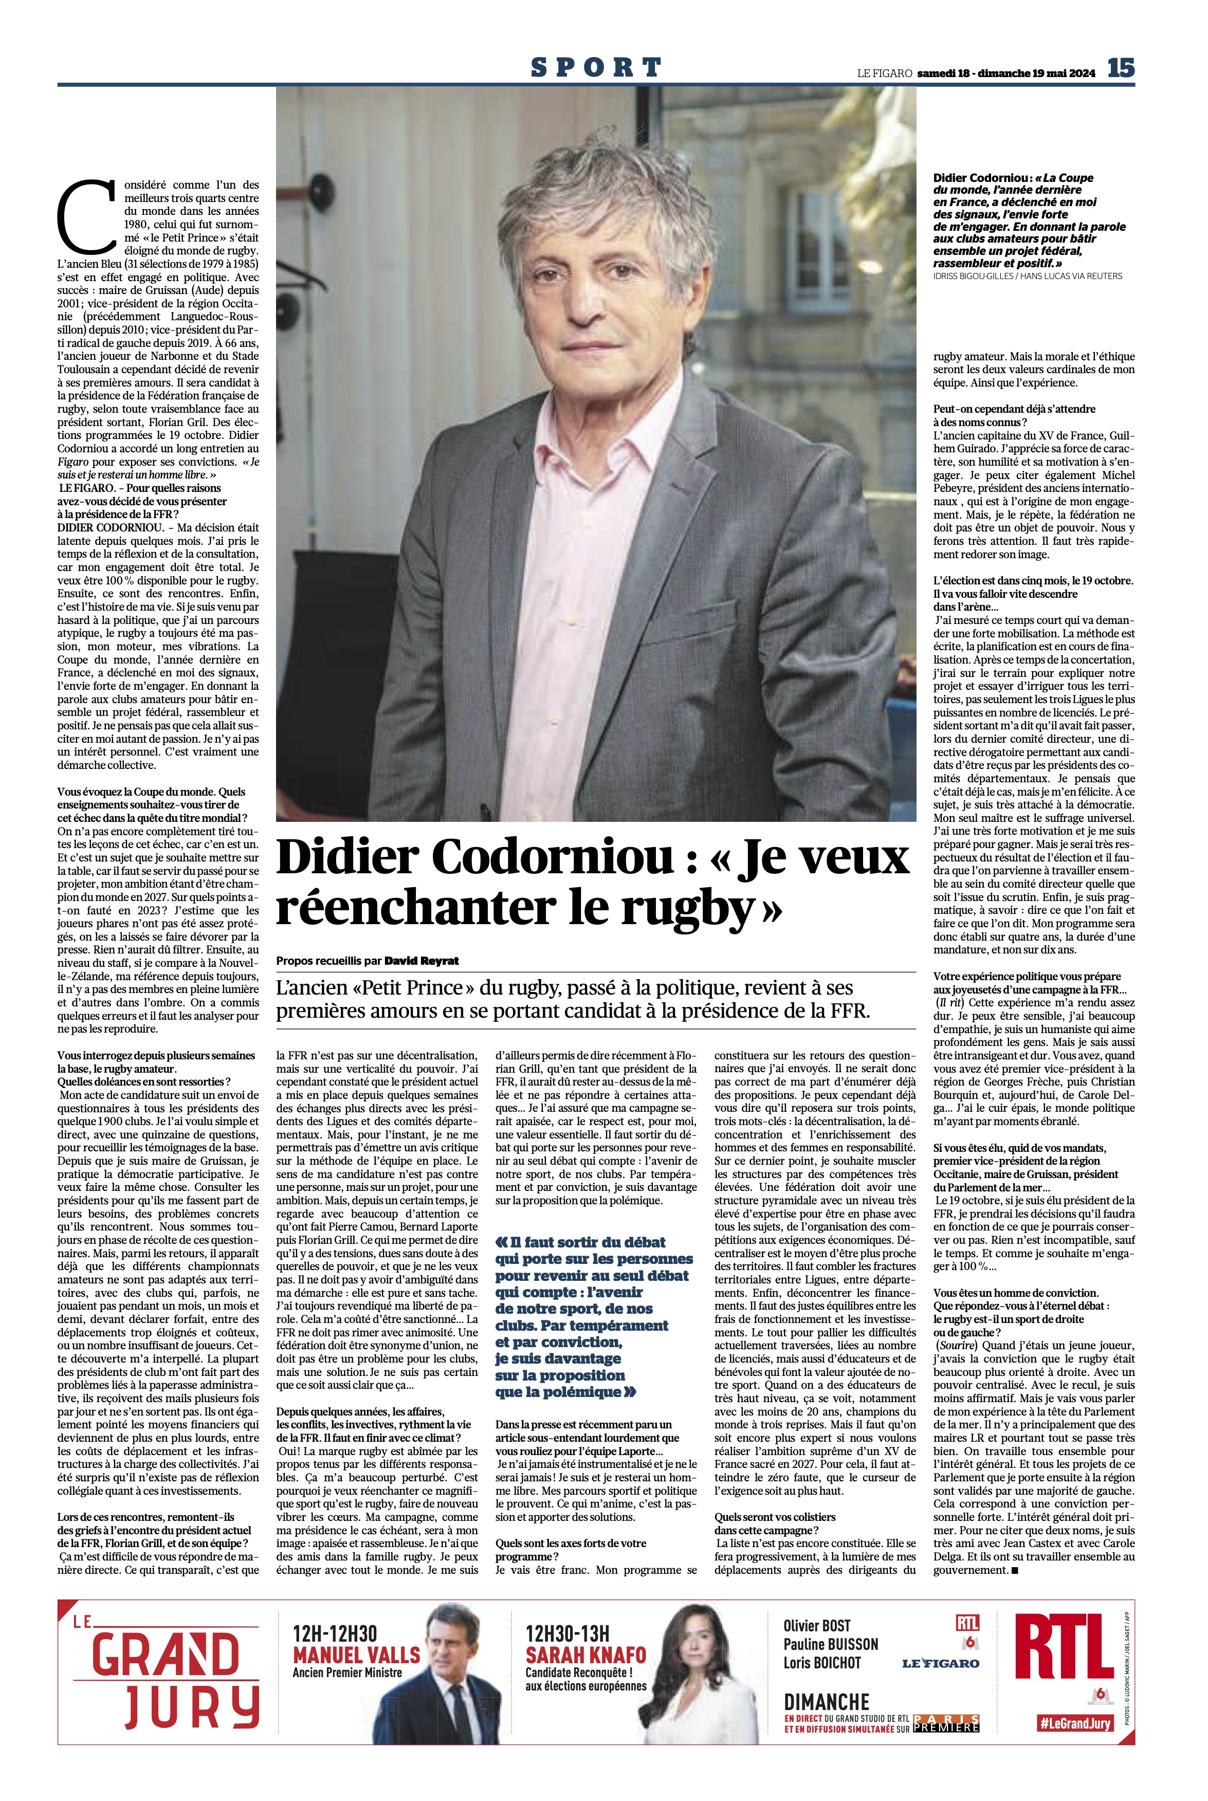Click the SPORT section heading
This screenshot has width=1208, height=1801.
[x=596, y=68]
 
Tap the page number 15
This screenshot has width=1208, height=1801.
[x=1121, y=68]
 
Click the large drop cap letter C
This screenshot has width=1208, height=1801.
[x=86, y=217]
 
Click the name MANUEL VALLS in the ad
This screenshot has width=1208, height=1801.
[x=356, y=1655]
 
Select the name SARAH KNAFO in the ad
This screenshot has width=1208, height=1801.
[x=585, y=1655]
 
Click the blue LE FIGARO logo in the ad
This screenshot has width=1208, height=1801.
[x=941, y=1663]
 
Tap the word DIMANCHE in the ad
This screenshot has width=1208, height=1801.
[x=826, y=1702]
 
